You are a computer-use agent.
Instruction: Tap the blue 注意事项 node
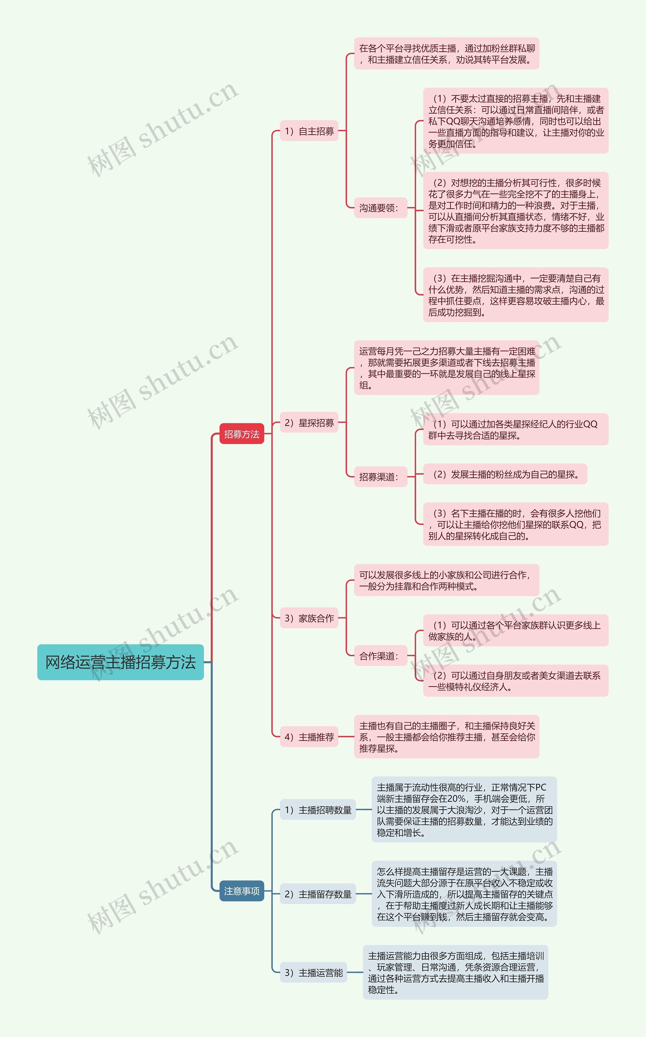241,891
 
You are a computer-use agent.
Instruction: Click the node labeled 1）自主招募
309,131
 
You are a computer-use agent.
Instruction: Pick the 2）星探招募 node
309,423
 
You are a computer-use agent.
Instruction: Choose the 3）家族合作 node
309,618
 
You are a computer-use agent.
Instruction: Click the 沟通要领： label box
380,208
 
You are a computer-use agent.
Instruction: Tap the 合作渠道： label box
380,656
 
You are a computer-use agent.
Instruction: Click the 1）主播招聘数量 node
318,810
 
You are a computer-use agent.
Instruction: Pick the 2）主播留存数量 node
318,894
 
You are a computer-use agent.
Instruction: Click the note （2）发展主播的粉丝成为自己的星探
505,474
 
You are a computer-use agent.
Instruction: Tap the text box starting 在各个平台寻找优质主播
446,54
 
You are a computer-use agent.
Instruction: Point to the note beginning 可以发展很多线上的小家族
446,580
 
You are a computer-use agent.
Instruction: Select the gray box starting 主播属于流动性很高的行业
464,810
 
